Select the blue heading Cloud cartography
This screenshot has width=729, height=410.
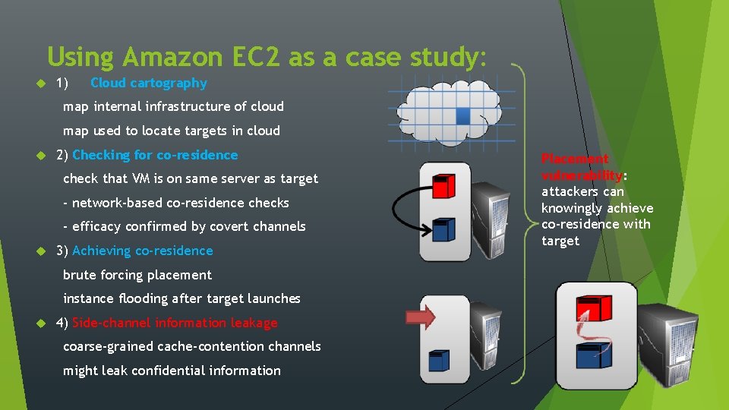tap(148, 83)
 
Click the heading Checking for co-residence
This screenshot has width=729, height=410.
tap(155, 155)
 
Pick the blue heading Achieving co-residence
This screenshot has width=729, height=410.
tap(142, 251)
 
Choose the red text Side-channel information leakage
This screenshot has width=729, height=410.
tap(175, 323)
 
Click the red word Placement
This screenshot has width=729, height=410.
tap(575, 159)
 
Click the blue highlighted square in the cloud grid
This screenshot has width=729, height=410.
tap(462, 115)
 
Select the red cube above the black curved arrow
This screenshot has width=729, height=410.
tap(443, 184)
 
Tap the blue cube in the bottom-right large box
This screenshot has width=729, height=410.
tap(595, 355)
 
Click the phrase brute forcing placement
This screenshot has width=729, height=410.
tap(137, 275)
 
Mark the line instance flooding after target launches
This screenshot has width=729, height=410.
tap(181, 298)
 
